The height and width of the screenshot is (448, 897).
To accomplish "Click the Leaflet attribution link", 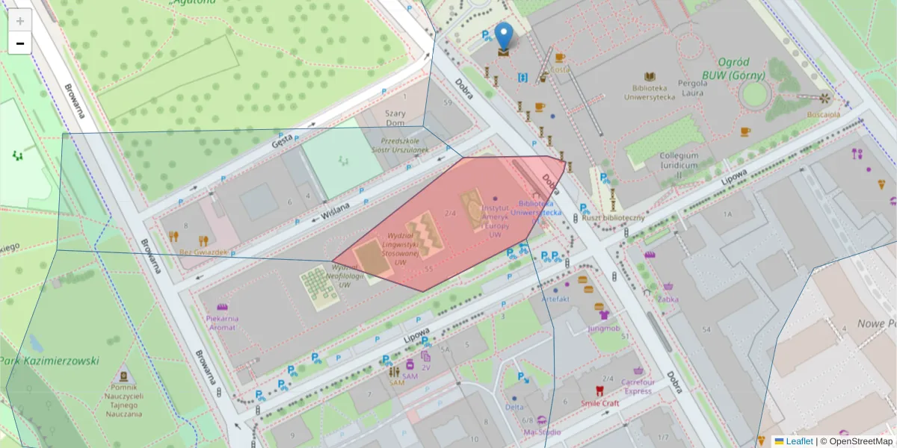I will [x=799, y=441].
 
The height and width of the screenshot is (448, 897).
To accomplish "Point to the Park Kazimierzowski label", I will [x=51, y=361].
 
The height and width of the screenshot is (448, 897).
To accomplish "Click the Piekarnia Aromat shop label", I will [x=222, y=323].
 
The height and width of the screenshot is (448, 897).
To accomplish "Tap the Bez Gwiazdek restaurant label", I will [x=203, y=252].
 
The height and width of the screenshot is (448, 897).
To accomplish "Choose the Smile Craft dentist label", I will [x=600, y=403].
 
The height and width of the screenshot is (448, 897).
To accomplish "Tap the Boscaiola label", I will [x=823, y=114].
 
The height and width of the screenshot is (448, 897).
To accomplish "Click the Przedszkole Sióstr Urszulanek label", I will [x=404, y=145].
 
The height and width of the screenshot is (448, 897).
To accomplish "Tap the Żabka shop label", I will [x=668, y=299].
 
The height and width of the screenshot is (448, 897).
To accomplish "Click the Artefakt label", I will [x=555, y=299].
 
